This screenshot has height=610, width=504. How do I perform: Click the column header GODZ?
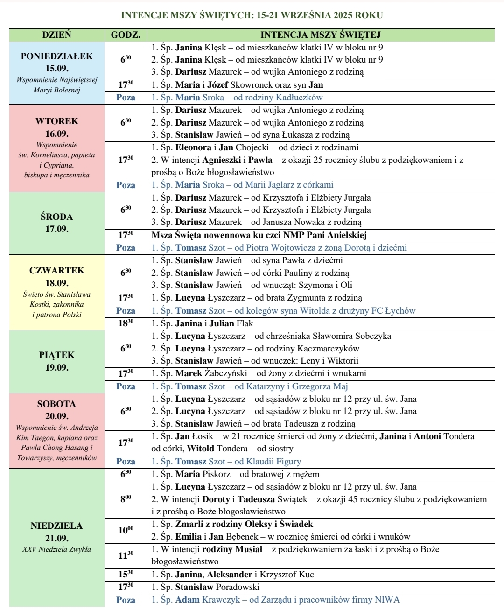126,35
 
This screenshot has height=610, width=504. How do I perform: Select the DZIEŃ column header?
56,35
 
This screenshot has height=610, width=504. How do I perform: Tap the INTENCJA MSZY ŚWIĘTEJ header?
320,35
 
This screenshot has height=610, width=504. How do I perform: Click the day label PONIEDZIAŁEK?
57,56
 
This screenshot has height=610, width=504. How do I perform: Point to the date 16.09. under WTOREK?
57,133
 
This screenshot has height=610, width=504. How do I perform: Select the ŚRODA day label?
57,217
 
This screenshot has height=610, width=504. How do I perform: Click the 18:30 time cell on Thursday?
126,323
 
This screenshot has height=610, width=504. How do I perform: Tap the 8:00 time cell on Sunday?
126,498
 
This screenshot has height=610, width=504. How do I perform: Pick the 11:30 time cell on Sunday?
126,555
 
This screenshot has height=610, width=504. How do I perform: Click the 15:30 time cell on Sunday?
126,575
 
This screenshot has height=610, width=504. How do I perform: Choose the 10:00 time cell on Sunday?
126,530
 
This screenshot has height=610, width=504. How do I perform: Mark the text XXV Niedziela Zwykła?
57,549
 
